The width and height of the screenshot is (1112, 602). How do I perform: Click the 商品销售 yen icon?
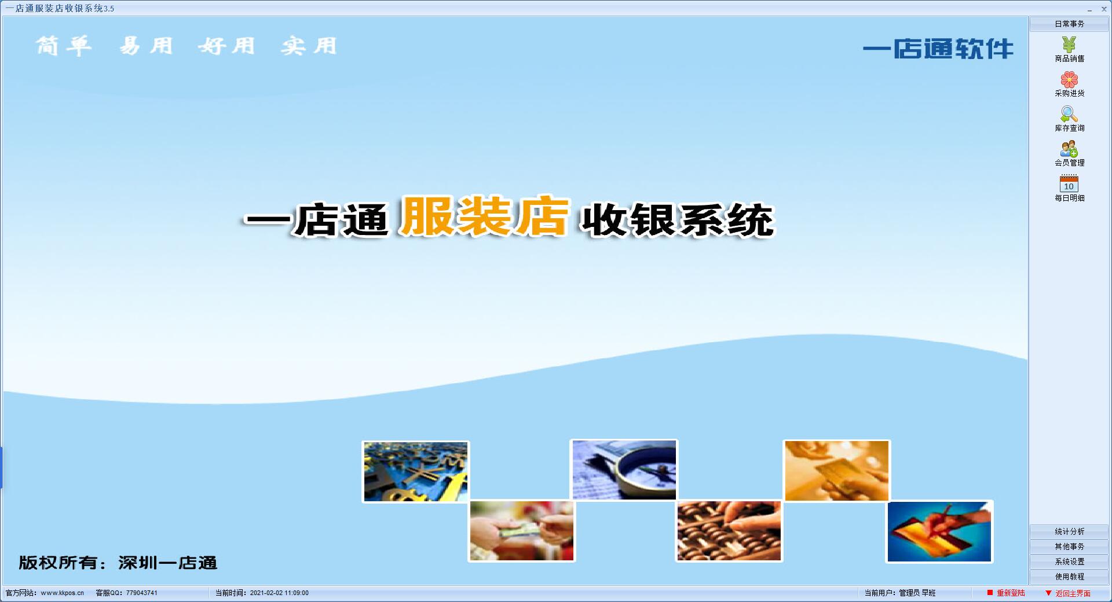click(x=1069, y=44)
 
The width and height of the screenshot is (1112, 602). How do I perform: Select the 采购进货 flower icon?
click(x=1069, y=79)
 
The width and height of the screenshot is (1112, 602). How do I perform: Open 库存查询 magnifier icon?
click(x=1069, y=114)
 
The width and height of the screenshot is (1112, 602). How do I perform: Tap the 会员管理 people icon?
click(x=1069, y=149)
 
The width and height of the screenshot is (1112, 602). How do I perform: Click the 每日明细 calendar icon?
click(x=1069, y=183)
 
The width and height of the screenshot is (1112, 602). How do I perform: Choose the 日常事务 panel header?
click(x=1069, y=24)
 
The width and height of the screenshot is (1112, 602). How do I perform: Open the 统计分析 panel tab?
click(x=1069, y=531)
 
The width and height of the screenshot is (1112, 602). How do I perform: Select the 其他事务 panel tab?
click(x=1069, y=546)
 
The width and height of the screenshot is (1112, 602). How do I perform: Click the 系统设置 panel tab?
click(x=1069, y=561)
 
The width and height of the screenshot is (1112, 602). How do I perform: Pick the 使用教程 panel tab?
click(x=1069, y=577)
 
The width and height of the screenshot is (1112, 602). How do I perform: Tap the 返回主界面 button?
click(x=1068, y=593)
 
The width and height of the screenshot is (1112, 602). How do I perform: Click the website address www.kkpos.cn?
click(x=63, y=593)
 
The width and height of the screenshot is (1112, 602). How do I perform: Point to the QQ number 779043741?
click(x=142, y=593)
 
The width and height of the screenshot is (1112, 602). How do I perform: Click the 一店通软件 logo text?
click(x=938, y=49)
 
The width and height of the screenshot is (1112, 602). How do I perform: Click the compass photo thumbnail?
click(x=624, y=469)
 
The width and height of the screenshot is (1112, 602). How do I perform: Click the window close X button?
click(x=1104, y=9)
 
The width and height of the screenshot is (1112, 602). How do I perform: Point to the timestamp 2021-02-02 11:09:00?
click(x=279, y=593)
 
